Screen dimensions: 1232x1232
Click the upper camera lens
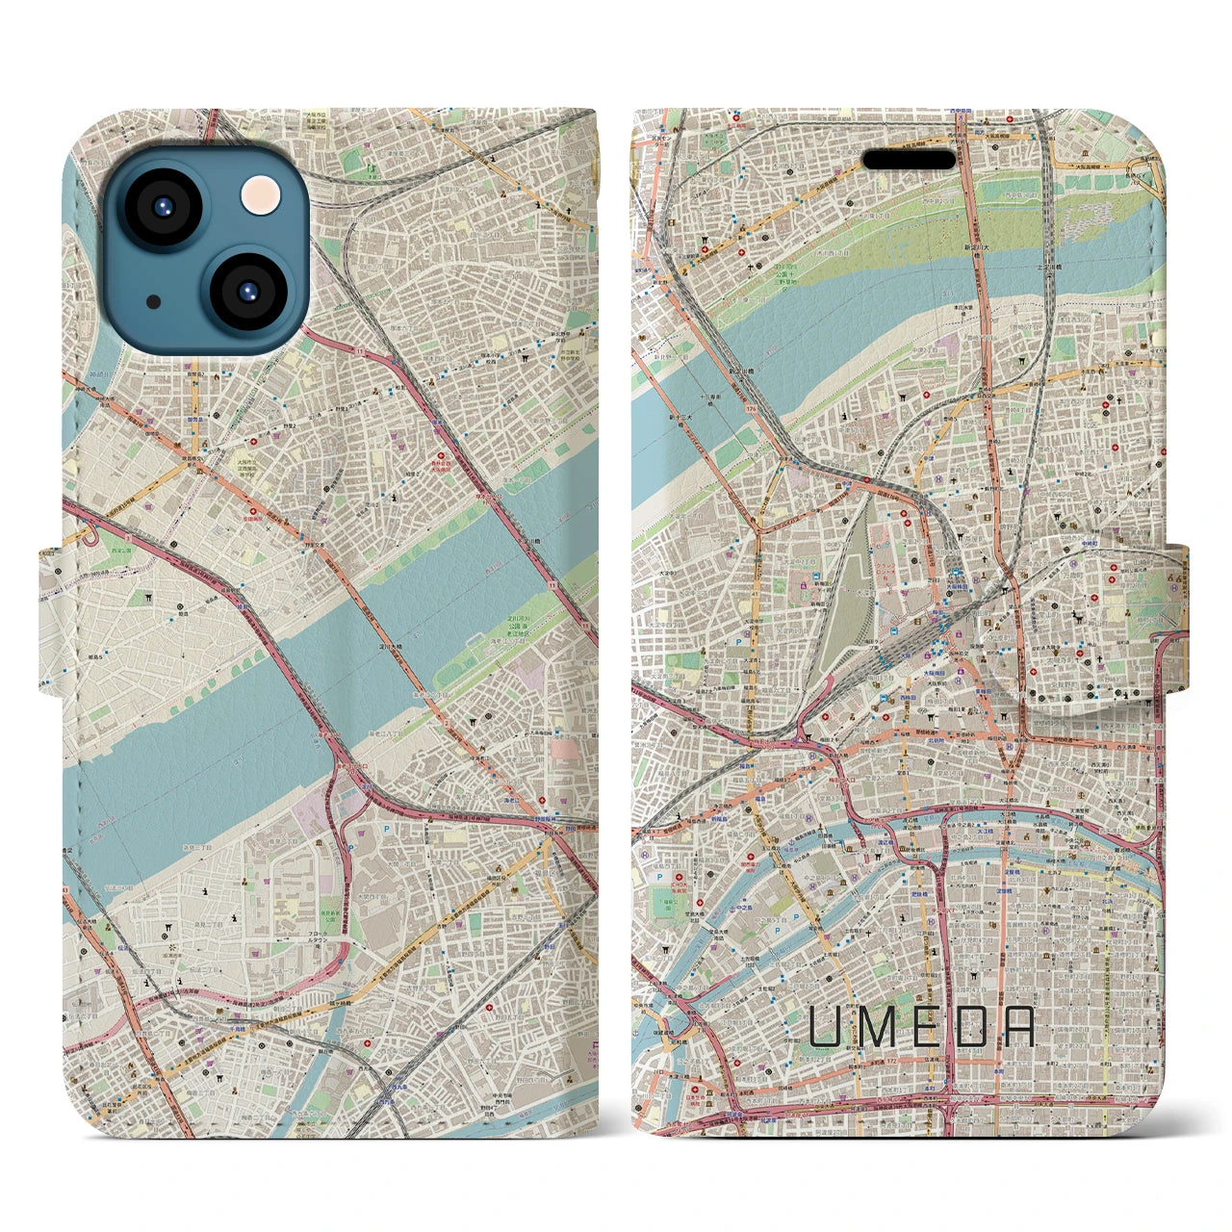(x=161, y=205)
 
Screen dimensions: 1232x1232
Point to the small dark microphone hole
(x=154, y=301)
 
